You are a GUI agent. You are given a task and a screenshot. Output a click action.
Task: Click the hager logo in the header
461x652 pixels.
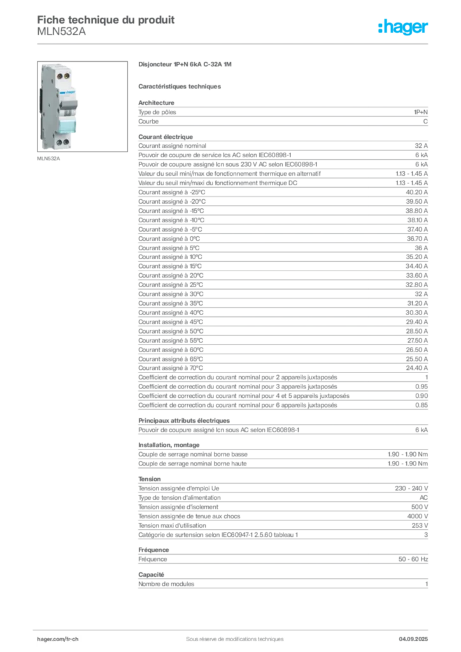pos(402,27)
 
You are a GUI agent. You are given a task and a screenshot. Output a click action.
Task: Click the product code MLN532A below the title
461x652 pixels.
pos(62,32)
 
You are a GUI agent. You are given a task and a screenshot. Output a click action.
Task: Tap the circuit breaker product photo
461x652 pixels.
pos(82,106)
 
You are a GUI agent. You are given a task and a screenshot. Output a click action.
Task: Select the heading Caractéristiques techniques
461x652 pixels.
pos(180,87)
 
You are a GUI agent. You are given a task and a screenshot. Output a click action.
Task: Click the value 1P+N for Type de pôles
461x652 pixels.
pos(420,112)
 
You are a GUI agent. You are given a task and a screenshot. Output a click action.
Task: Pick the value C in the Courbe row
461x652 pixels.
pos(425,122)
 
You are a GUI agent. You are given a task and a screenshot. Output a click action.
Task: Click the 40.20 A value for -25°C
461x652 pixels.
pos(416,192)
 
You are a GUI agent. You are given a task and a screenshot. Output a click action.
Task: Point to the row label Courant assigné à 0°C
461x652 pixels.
pos(169,239)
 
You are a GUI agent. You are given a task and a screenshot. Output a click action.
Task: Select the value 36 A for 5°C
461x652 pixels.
pos(421,248)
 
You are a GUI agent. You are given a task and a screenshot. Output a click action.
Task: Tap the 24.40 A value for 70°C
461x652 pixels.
pos(416,368)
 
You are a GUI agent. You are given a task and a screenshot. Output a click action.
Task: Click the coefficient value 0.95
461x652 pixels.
pos(421,386)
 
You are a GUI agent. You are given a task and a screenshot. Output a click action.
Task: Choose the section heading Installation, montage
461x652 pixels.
pos(169,445)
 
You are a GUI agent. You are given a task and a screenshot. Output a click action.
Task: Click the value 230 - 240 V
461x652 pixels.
pos(411,488)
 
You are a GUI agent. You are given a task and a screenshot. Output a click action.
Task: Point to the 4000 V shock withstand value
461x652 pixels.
pos(417,516)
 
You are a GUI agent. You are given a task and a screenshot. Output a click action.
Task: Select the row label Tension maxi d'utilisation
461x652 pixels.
pos(172,525)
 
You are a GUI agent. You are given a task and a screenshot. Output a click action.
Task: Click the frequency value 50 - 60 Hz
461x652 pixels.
pos(413,559)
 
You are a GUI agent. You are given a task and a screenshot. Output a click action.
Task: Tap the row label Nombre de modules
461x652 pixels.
pos(166,585)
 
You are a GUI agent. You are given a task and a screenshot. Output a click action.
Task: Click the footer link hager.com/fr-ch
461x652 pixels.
pos(58,639)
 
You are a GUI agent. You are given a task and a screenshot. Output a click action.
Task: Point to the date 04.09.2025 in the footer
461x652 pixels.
pos(413,639)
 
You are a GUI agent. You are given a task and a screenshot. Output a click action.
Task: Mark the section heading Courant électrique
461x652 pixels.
pos(166,137)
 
